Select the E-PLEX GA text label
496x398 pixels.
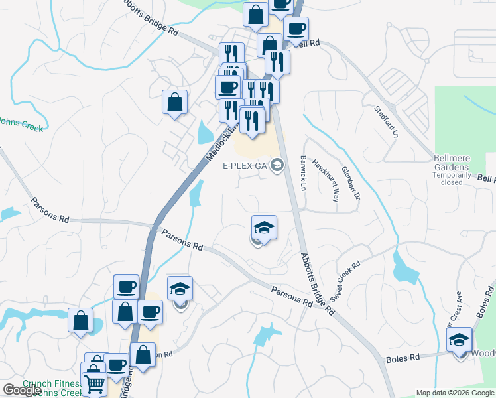point(243,166)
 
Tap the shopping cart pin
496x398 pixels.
point(94,383)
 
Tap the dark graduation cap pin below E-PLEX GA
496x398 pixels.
point(264,228)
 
